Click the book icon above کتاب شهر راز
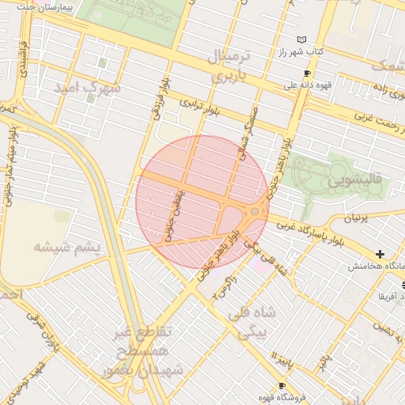coord(301,40)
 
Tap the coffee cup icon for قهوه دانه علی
coord(308,73)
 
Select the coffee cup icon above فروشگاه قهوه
coord(282,385)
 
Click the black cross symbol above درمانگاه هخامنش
coord(380,254)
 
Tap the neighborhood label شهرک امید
coord(87,88)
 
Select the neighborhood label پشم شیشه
coord(67,248)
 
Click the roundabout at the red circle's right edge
coord(255,211)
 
